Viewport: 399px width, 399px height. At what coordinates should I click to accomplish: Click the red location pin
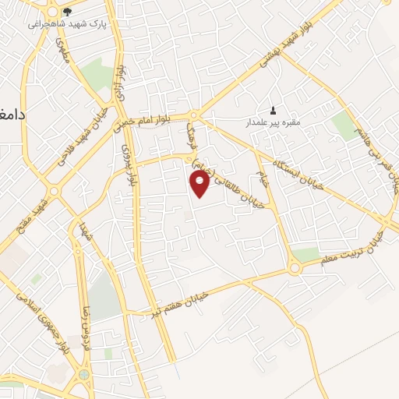pyautogui.click(x=200, y=185)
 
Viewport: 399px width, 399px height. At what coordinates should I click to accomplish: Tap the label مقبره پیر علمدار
pyautogui.click(x=270, y=122)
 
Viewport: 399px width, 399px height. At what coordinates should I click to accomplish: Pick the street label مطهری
pyautogui.click(x=61, y=51)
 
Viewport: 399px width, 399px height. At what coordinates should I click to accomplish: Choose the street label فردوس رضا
pyautogui.click(x=77, y=328)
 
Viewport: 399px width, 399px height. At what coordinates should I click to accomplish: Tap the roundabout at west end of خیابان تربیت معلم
pyautogui.click(x=295, y=269)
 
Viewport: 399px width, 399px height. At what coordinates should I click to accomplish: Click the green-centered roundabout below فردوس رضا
pyautogui.click(x=83, y=375)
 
